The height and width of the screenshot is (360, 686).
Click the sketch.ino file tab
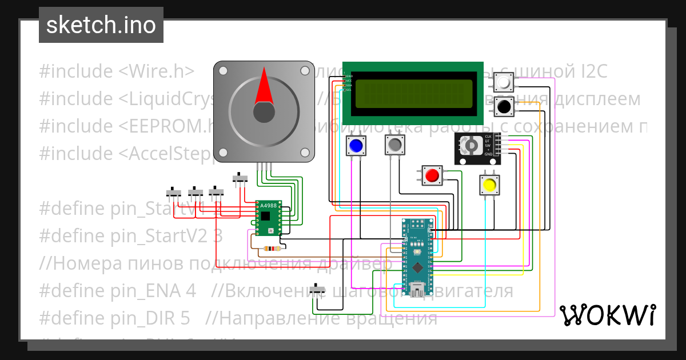[101, 25]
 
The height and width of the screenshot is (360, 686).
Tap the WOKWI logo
[607, 315]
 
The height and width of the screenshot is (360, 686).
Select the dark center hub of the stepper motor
[264, 112]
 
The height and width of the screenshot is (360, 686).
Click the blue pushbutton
[356, 146]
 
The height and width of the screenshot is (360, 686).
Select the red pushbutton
[432, 175]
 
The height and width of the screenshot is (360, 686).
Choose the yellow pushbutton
[489, 185]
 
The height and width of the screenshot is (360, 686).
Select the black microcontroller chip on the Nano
[418, 266]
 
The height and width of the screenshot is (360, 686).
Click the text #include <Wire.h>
[117, 72]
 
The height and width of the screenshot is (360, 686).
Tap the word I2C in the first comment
[589, 72]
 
